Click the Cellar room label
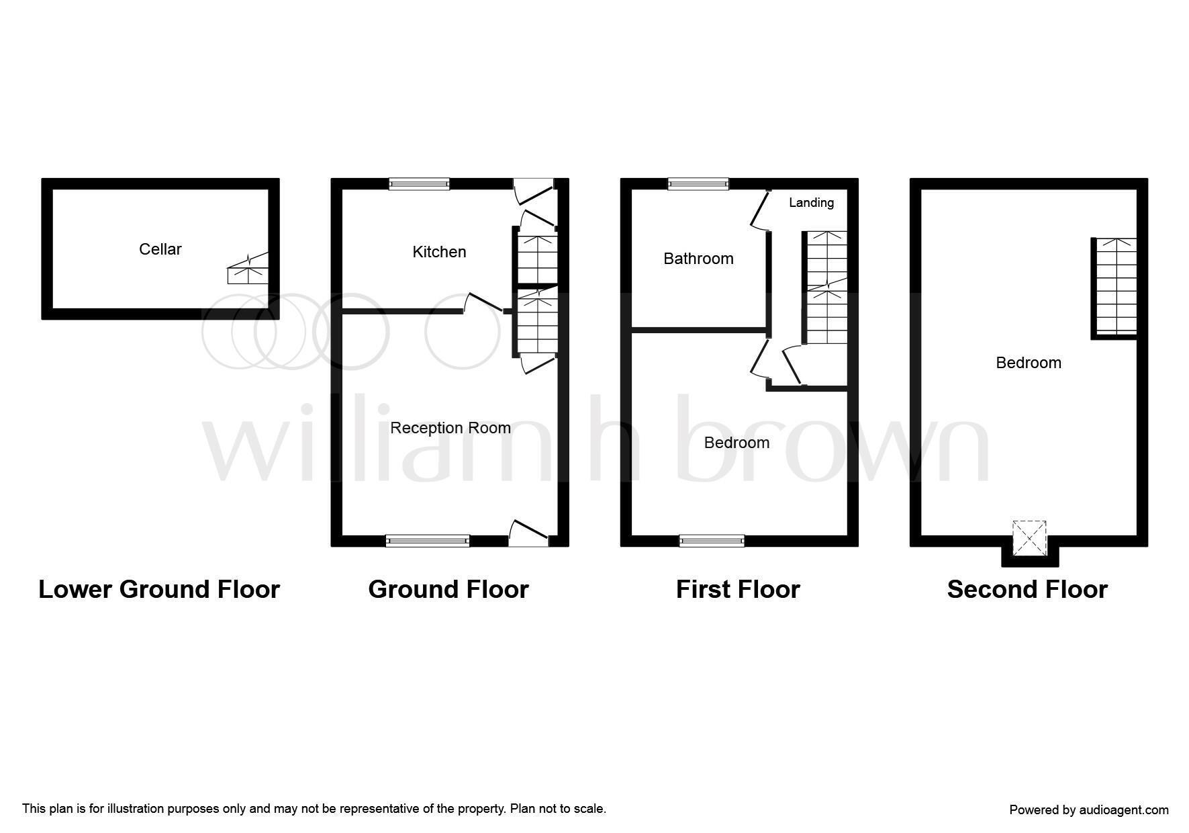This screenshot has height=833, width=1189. point(160,249)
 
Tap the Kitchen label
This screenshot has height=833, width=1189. point(439,252)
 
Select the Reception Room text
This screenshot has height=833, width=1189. point(450,428)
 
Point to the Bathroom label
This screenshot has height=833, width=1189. point(698,259)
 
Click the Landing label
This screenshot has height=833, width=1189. point(811,202)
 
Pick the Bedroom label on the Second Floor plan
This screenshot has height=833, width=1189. point(1029,363)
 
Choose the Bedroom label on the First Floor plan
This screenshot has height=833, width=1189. point(736,443)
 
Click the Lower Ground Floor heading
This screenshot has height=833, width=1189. point(159,589)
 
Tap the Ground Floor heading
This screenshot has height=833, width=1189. point(448,589)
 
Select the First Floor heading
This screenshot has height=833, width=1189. point(738,589)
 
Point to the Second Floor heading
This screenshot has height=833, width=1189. point(1027,589)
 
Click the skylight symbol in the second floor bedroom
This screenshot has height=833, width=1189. point(1029,537)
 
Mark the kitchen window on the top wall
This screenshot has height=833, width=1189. point(420,183)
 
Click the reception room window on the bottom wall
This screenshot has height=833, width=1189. point(428,541)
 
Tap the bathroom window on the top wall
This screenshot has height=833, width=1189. point(698,183)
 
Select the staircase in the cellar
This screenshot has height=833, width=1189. point(248,269)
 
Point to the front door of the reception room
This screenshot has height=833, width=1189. point(530,532)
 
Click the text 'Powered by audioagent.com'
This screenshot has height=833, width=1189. point(1089,810)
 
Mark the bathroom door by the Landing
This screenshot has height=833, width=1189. point(759,210)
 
